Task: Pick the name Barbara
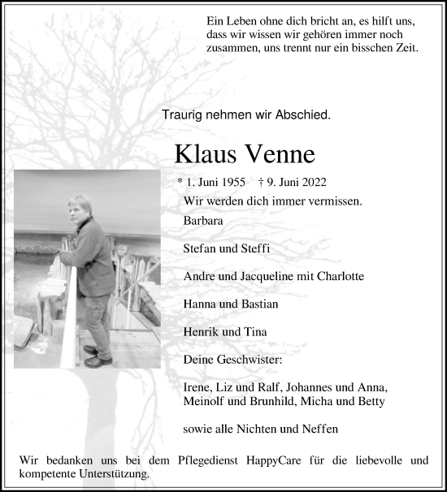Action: [203, 220]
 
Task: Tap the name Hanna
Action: [200, 304]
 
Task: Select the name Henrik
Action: [202, 331]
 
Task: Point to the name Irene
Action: [198, 387]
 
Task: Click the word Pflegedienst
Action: [213, 460]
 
